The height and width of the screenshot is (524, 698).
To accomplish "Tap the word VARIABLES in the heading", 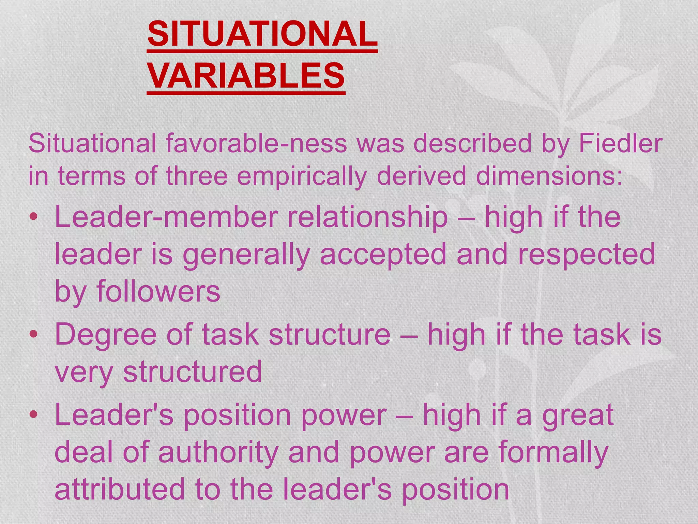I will [x=246, y=76].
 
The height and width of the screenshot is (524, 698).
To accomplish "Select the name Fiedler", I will [x=621, y=143].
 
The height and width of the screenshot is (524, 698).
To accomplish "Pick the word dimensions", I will [x=549, y=176].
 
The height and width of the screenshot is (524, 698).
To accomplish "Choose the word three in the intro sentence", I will [x=197, y=176].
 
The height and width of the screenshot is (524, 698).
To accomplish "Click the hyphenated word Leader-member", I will [x=166, y=217].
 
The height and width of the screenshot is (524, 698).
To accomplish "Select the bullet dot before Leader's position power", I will [x=33, y=415].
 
